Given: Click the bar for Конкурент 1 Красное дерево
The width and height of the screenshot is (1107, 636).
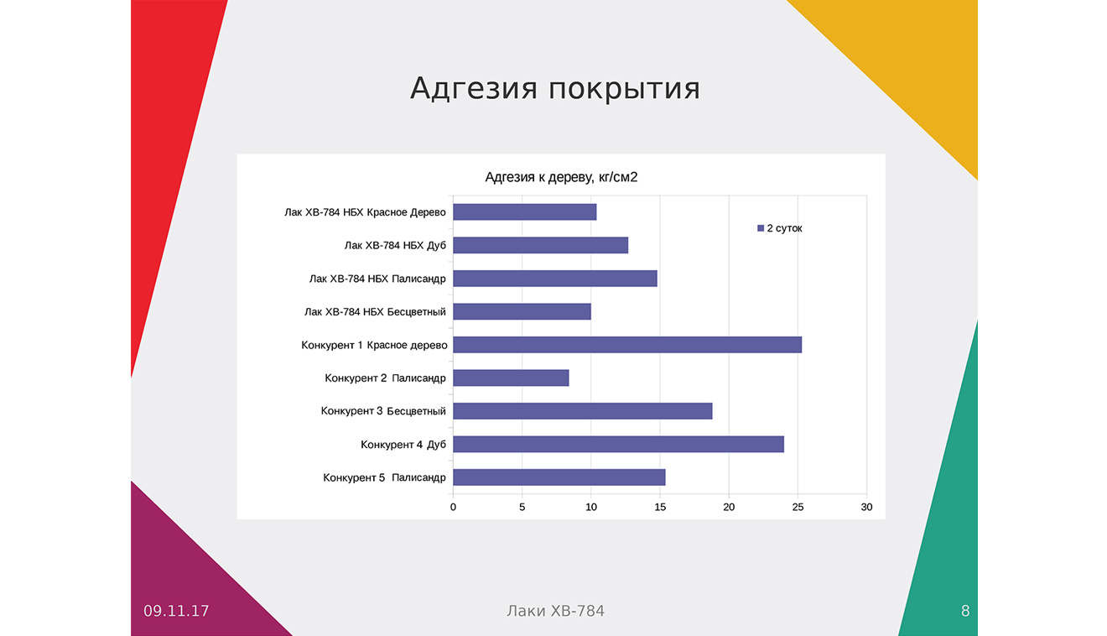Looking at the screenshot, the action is pos(627,345).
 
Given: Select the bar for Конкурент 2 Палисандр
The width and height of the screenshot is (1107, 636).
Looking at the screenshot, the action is pos(511,378).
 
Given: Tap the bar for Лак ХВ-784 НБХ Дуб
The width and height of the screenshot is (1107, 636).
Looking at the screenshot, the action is pos(541,245).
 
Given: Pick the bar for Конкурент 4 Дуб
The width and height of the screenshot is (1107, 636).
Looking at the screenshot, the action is pos(618,444).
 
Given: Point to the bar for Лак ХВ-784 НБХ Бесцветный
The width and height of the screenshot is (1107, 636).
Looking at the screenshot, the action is pos(522,311).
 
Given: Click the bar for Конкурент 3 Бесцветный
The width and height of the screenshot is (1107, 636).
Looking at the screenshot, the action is pos(583,411).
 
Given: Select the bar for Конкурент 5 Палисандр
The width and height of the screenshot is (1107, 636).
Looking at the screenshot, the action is pos(559,477).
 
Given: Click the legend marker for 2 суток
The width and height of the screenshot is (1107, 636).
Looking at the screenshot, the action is pos(761,228).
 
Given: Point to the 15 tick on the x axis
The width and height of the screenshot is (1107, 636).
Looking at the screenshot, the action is pos(660,507).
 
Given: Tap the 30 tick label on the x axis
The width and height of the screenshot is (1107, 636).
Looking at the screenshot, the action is pos(866,507).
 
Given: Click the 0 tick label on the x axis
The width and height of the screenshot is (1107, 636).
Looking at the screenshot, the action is pos(453,507).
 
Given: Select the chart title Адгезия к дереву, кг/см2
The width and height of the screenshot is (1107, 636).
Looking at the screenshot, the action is pos(561,177).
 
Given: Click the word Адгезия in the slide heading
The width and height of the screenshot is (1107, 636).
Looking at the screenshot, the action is pos(474,89).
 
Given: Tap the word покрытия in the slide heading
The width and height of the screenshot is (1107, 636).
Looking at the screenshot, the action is pos(624,89).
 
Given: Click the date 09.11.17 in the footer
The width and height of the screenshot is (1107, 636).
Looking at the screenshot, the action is pos(176,612).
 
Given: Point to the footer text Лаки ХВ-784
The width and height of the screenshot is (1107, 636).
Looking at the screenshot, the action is pos(555,612).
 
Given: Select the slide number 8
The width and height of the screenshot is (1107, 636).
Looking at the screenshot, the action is pos(965,612).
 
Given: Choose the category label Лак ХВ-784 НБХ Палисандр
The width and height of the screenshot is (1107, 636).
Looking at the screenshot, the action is pos(377,279).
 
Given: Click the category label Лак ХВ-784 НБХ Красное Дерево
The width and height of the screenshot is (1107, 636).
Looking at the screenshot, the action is pos(365,212).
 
